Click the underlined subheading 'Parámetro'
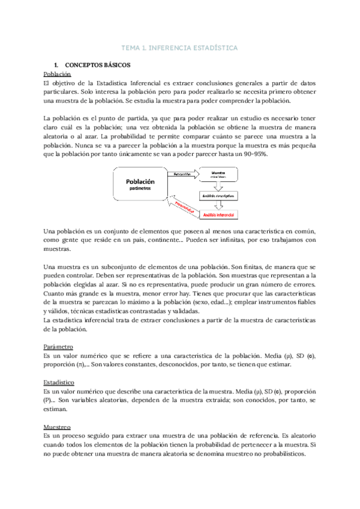(x=59, y=346)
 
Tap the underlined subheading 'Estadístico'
(x=59, y=381)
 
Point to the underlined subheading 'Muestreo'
(x=58, y=427)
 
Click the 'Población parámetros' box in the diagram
(x=140, y=184)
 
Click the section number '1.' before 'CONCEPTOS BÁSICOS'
(x=56, y=64)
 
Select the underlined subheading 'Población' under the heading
(x=58, y=73)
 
